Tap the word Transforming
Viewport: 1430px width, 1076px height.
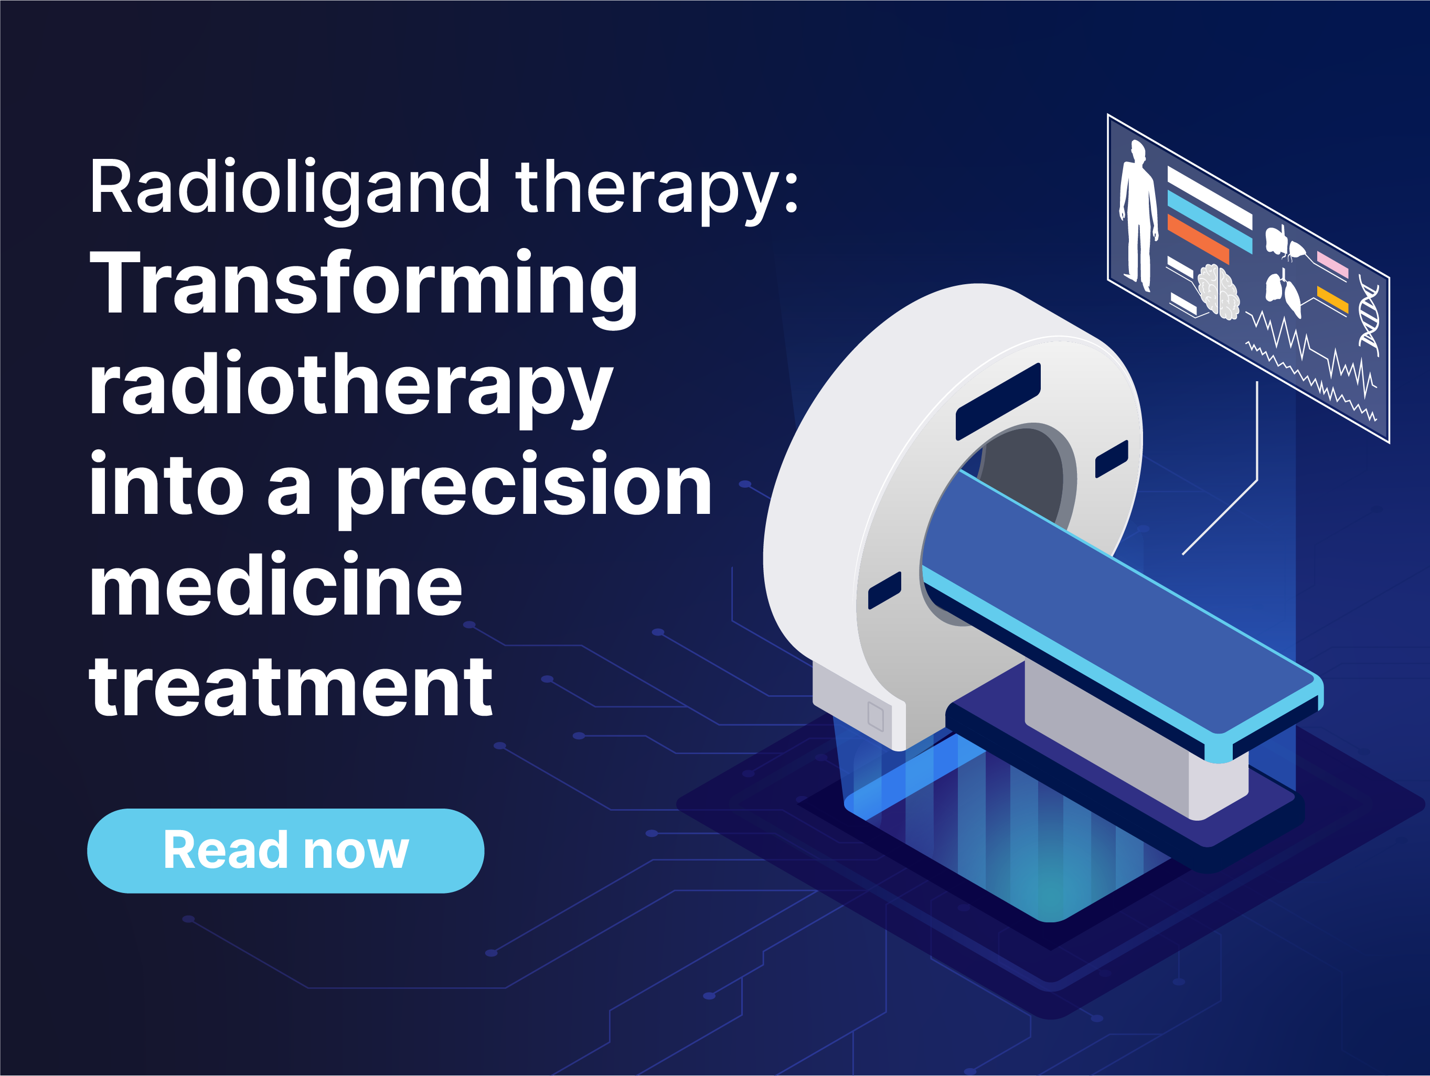pos(364,284)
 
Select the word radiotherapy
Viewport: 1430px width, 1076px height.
pos(350,386)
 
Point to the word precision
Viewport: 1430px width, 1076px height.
pos(524,486)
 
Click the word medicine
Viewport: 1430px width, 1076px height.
pos(275,587)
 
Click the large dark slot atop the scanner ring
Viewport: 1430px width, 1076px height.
pos(998,401)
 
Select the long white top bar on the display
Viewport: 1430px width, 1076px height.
pos(1209,197)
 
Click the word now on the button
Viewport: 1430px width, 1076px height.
pos(356,851)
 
